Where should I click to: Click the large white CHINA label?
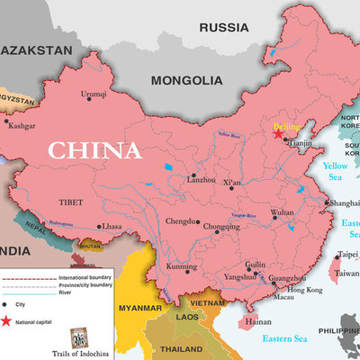pyautogui.click(x=94, y=148)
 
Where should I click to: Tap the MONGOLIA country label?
pyautogui.click(x=187, y=80)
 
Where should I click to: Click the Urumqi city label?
pyautogui.click(x=94, y=94)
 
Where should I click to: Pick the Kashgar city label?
pyautogui.click(x=22, y=127)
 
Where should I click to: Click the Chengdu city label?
pyautogui.click(x=182, y=220)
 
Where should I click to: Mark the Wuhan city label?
pyautogui.click(x=282, y=212)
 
